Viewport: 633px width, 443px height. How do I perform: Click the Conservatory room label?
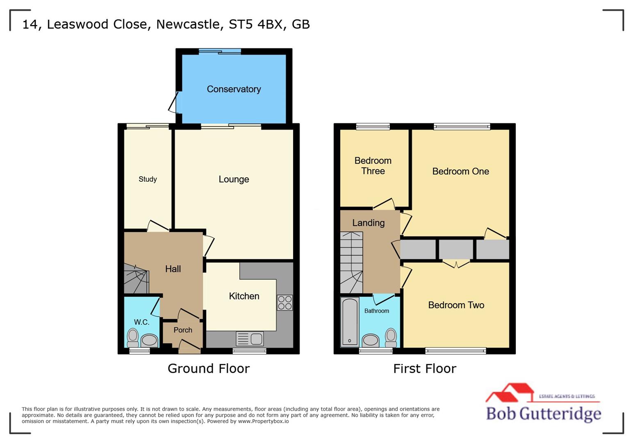(x=234, y=89)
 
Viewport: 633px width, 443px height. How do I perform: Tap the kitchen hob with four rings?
(x=285, y=303)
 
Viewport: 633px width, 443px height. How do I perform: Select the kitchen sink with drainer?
(x=250, y=339)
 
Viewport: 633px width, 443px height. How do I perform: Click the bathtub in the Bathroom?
(x=350, y=322)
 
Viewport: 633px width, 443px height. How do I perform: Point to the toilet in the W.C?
(x=132, y=338)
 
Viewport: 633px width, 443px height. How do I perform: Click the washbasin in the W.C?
(x=149, y=340)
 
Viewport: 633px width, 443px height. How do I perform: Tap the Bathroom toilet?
(x=391, y=338)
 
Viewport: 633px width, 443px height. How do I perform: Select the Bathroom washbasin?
(x=371, y=340)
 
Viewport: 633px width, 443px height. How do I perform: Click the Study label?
(x=148, y=179)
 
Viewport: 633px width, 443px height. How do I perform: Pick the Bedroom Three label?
(x=373, y=166)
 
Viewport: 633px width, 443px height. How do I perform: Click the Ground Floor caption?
(x=208, y=368)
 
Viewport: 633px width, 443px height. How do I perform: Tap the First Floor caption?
(x=424, y=368)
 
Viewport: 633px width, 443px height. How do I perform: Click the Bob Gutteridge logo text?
(x=543, y=413)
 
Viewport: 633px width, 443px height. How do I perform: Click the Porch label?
(x=183, y=330)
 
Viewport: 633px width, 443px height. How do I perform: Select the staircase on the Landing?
(x=351, y=263)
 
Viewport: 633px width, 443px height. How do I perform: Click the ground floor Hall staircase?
(x=136, y=279)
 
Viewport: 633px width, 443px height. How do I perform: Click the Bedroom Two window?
(x=455, y=351)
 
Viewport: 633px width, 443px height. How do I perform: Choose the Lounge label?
(x=234, y=179)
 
